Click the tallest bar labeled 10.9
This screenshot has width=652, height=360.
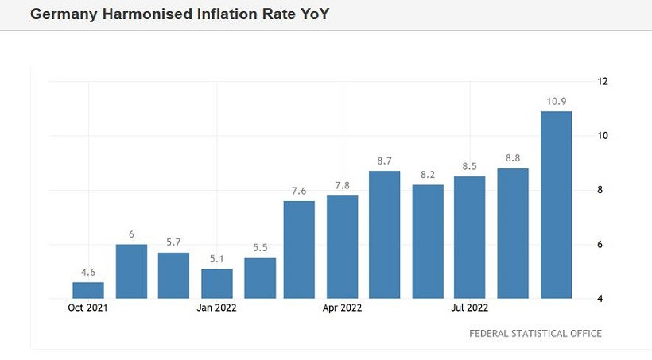tap(556, 204)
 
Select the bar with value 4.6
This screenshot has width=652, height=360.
tap(88, 290)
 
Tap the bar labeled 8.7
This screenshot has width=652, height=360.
tap(384, 234)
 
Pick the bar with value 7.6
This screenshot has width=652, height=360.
tap(299, 250)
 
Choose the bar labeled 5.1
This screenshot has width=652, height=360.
tap(216, 283)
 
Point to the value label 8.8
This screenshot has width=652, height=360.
tap(513, 157)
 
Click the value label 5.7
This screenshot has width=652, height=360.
tap(173, 242)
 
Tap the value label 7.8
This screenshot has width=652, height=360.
tap(342, 185)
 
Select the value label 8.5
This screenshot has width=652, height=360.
tap(470, 166)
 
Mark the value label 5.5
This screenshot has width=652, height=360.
tap(259, 247)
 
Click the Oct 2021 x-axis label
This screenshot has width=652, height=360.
tap(87, 308)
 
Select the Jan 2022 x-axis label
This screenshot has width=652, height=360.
tap(216, 308)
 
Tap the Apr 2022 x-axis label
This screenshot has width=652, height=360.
tap(343, 308)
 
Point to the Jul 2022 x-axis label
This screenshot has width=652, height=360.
tap(470, 308)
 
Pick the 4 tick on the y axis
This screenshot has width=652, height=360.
tap(602, 299)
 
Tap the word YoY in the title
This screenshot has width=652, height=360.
tap(312, 14)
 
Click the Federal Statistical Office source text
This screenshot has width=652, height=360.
tap(535, 334)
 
